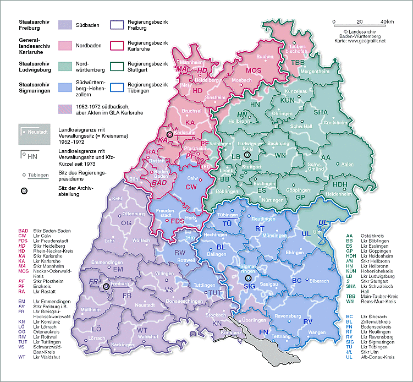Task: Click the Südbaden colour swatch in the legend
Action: point(66,25)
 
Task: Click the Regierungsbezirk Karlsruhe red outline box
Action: point(118,45)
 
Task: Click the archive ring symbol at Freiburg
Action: point(106,286)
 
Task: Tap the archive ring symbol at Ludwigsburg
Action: point(247,155)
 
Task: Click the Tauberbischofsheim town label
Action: point(298,50)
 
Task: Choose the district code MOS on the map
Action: point(254,70)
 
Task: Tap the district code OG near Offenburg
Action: point(126,222)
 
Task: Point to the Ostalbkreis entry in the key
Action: point(371,235)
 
